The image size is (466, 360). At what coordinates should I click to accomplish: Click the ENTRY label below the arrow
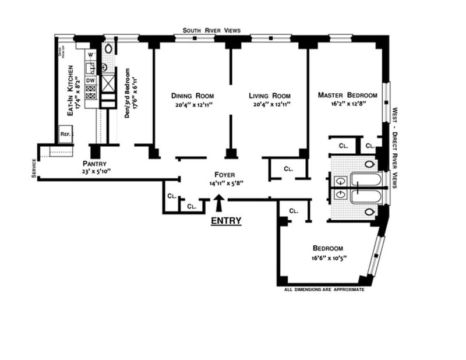click(x=225, y=221)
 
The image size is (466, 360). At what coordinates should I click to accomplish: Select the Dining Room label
click(x=192, y=96)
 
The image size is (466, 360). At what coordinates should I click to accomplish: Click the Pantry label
click(x=94, y=164)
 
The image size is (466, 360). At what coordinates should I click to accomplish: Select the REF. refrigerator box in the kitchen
click(x=65, y=134)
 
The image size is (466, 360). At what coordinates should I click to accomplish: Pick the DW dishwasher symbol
click(x=91, y=80)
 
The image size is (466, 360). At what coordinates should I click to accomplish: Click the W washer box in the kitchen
click(x=90, y=55)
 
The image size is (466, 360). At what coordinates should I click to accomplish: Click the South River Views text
click(x=211, y=30)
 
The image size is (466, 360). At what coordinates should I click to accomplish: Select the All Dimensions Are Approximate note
click(x=324, y=289)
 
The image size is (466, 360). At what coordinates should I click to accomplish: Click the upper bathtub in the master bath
click(x=365, y=181)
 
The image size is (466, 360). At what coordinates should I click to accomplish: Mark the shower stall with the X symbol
click(x=108, y=85)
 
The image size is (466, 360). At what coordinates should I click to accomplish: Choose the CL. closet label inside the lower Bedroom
click(x=294, y=211)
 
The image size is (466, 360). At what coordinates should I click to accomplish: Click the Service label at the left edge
click(x=34, y=168)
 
